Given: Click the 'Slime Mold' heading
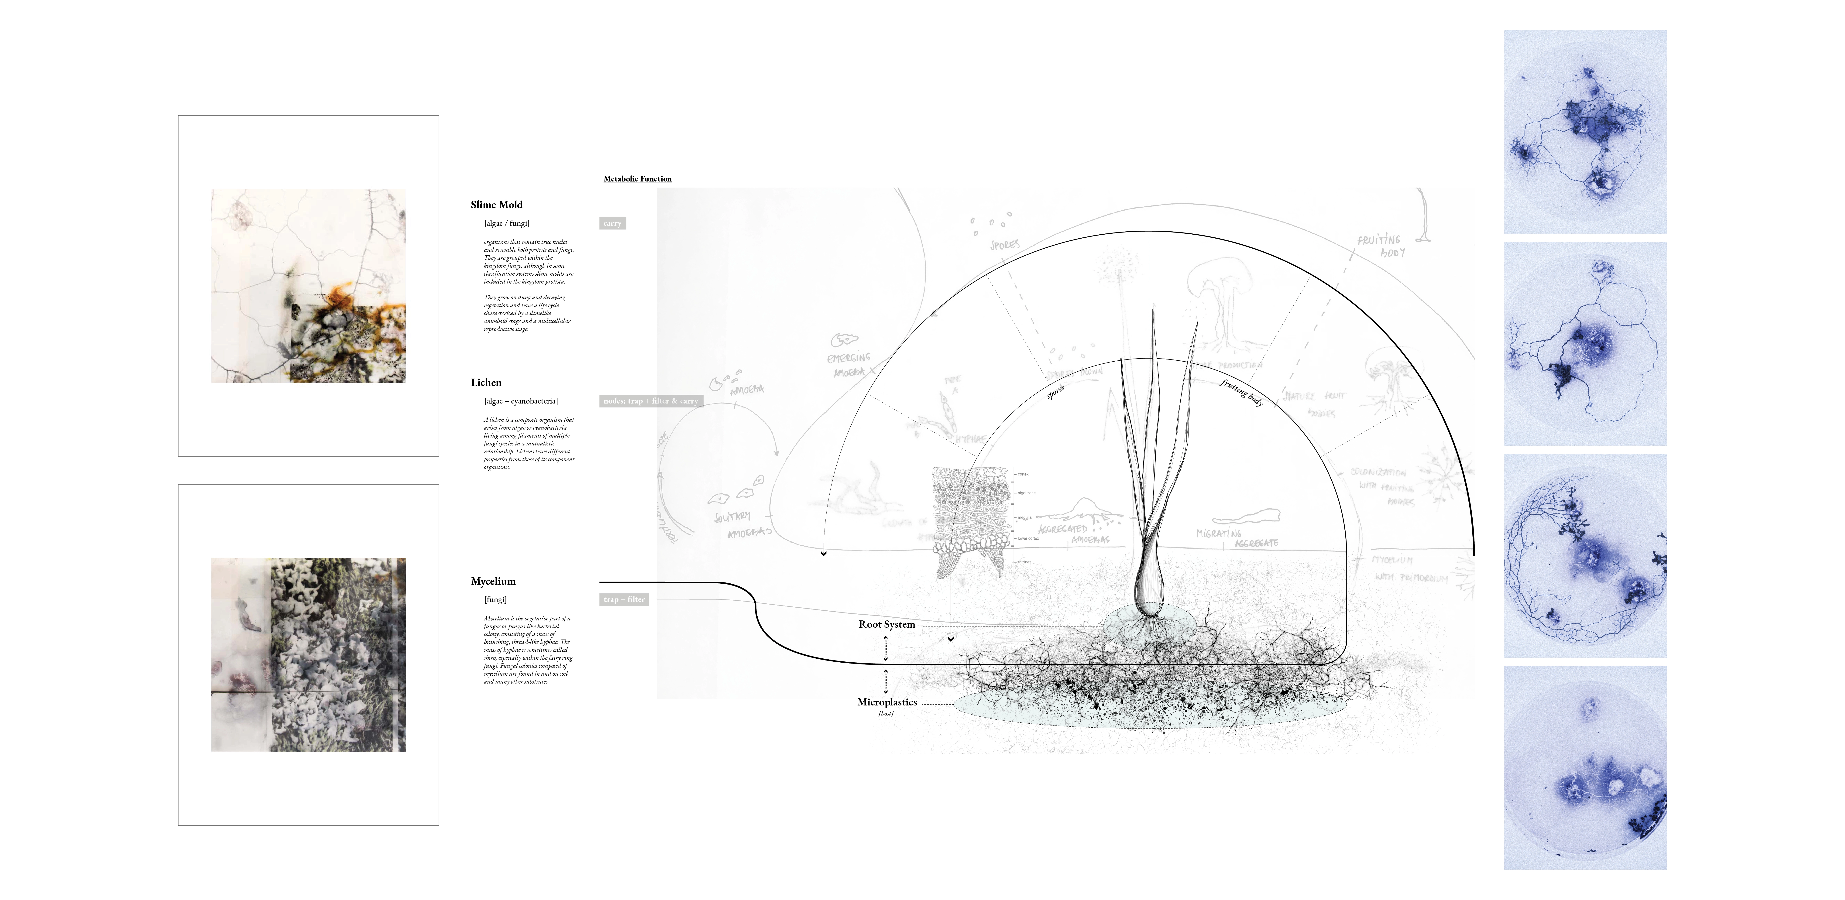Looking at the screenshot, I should (x=496, y=205).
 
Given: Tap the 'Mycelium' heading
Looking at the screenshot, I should (x=493, y=581).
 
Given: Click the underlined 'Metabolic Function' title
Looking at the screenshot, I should (x=637, y=179).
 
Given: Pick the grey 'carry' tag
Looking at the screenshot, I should (x=612, y=223).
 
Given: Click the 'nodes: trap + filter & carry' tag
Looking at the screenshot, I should (x=650, y=401).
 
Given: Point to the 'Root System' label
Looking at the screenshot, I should (x=887, y=624).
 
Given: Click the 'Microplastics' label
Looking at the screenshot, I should (x=887, y=702).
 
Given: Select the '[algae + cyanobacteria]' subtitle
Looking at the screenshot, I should (x=521, y=401).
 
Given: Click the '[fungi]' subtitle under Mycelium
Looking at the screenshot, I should (x=495, y=600).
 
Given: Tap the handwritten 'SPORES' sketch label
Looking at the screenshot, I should (x=1005, y=245).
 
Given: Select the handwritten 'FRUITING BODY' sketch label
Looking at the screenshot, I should (x=1381, y=246).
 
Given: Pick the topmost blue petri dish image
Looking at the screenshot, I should (x=1585, y=132).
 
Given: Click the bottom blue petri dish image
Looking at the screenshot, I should (x=1585, y=767).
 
